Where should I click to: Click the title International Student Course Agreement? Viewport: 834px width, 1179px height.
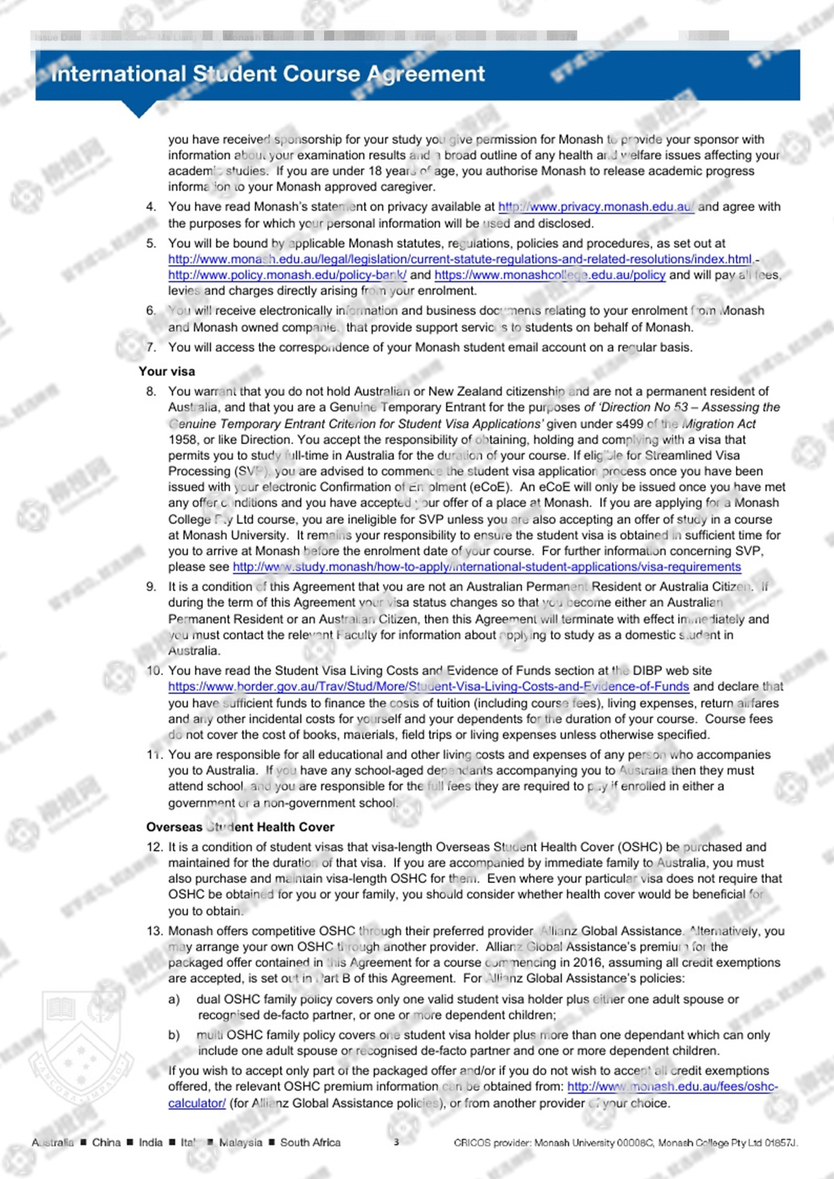267,74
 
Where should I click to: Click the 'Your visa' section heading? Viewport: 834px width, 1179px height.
167,372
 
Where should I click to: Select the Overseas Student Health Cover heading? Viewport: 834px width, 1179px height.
240,827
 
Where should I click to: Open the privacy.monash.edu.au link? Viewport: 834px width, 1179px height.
596,207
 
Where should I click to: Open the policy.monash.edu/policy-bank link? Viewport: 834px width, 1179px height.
287,275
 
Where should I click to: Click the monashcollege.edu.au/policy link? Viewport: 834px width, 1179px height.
549,275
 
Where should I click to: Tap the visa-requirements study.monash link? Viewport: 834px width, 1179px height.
487,567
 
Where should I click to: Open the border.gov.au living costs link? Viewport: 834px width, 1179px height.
428,687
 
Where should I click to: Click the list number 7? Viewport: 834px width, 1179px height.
151,347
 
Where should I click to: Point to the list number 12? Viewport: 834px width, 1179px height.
154,847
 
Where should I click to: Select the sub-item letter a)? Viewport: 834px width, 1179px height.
174,999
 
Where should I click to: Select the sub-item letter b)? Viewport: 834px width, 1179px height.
174,1035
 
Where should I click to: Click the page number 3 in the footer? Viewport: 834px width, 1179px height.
397,1142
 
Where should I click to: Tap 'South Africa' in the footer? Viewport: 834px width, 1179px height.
310,1142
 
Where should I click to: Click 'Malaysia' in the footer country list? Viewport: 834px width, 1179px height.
240,1142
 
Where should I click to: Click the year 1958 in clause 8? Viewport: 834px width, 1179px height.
182,440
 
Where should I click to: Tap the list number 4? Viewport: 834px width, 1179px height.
151,207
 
